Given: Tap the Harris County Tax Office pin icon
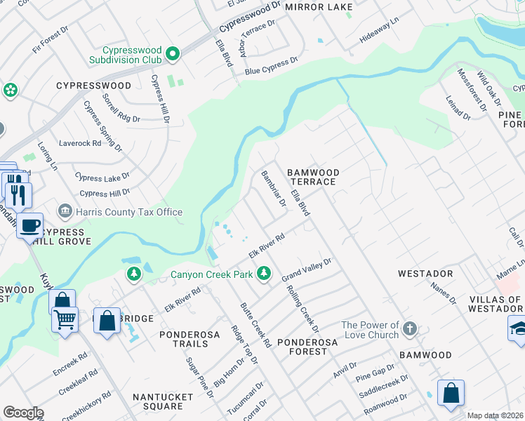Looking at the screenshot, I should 65,210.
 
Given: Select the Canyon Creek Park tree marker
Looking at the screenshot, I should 264,273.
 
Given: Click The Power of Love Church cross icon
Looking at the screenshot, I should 410,328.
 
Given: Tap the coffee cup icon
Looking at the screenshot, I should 29,226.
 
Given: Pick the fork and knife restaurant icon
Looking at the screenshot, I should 16,192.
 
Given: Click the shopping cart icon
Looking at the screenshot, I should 65,321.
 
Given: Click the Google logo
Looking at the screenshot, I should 23,413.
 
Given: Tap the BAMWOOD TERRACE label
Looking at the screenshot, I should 314,177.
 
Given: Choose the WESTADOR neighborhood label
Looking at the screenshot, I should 425,273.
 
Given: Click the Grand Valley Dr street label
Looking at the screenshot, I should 307,269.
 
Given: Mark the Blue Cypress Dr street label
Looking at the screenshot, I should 267,68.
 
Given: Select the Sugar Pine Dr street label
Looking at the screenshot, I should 199,377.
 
